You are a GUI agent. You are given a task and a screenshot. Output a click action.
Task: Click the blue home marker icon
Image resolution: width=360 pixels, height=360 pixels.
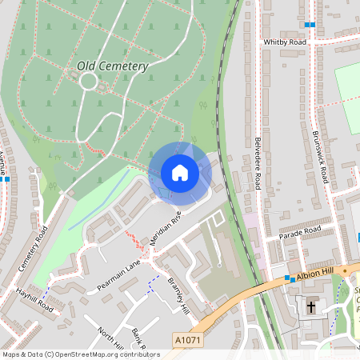[179, 173]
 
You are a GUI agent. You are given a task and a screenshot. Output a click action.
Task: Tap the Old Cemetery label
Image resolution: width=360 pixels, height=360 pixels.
[113, 66]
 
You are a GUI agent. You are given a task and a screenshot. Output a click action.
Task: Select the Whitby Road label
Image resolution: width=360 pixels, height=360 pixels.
[285, 41]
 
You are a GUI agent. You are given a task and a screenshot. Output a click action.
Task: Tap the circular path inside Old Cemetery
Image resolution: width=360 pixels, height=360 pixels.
[88, 81]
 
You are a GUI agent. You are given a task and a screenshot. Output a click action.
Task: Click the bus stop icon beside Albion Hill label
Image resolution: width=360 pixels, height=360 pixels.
[288, 278]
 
